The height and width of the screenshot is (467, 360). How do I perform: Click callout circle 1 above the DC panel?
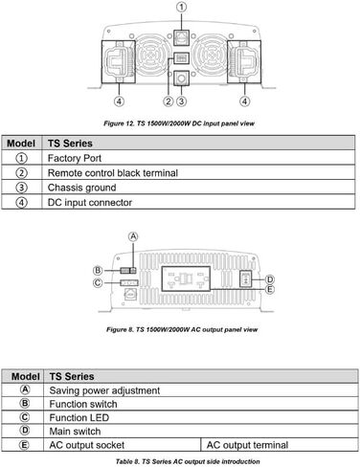coord(182,7)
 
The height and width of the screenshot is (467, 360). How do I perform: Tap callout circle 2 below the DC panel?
coord(169,101)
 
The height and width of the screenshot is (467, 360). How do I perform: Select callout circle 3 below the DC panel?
coord(181,101)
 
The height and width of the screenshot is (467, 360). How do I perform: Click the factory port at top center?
coord(182,37)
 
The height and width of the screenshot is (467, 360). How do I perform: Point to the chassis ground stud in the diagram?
coord(181,78)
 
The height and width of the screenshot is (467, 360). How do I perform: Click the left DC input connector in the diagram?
coord(119,62)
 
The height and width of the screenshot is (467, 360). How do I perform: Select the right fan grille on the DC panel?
coord(211,56)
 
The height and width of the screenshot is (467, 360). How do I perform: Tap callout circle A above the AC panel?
coord(133,236)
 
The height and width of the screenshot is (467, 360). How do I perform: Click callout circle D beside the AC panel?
coord(270,279)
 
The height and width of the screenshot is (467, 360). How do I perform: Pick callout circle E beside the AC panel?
coord(270,289)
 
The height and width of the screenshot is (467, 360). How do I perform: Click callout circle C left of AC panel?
coord(98,282)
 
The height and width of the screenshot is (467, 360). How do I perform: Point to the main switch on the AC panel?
coord(245,279)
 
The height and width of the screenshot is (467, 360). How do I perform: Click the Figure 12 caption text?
coord(179,123)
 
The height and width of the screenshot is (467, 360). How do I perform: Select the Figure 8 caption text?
coord(182,329)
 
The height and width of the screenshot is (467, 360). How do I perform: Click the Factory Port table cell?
coord(198,158)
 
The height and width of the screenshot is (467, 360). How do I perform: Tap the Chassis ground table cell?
coord(198,188)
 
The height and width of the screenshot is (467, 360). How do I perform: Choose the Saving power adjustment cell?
coord(201,390)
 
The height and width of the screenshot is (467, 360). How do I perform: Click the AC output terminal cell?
coord(280,445)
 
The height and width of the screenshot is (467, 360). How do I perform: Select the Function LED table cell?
coord(201,417)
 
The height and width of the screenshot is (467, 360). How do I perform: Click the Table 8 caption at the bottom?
coord(188,461)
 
